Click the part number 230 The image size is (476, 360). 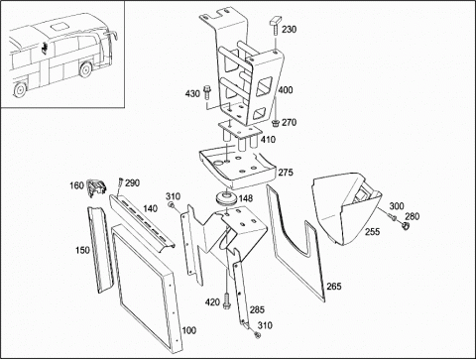click(289, 30)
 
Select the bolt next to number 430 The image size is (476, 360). click(206, 92)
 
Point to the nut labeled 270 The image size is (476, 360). click(275, 123)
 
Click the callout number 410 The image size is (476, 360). click(268, 140)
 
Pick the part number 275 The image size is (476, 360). click(286, 173)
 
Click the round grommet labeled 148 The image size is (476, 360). click(226, 198)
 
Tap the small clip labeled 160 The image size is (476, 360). click(96, 187)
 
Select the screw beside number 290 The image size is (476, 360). click(120, 182)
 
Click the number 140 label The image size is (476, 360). click(151, 208)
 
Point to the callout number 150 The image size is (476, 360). click(82, 250)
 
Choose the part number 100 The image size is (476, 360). click(189, 330)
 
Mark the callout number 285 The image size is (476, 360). click(257, 309)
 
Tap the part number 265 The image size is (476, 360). click(334, 286)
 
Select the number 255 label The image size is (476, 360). click(372, 231)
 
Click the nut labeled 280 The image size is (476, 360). click(405, 226)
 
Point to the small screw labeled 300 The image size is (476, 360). click(393, 217)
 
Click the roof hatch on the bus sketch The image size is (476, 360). click(59, 26)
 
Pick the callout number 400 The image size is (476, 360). click(285, 90)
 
